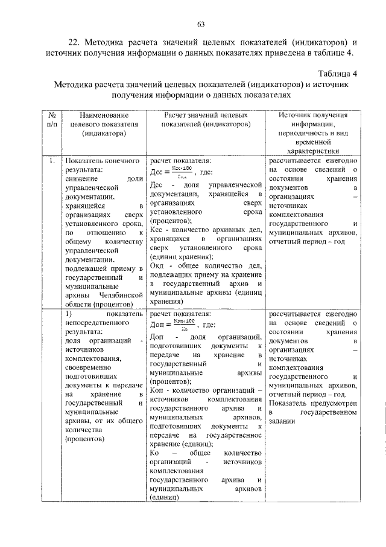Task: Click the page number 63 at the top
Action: [201, 24]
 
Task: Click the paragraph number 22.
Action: [72, 42]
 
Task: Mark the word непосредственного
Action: [94, 324]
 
